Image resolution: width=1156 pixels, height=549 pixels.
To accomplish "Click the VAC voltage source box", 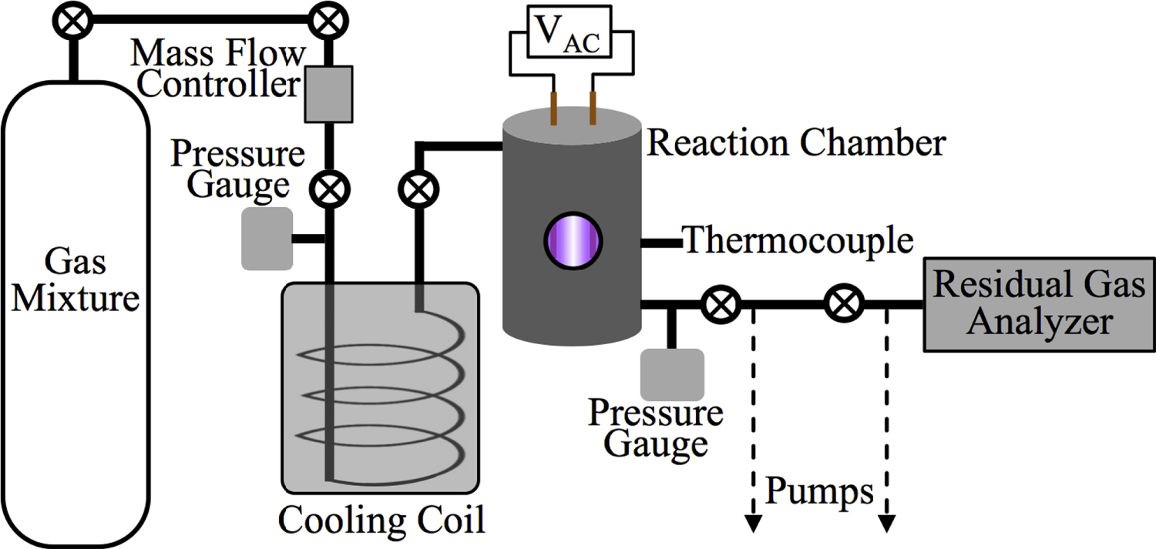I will pyautogui.click(x=570, y=35).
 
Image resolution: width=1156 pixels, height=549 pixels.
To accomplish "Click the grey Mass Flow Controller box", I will pyautogui.click(x=329, y=93).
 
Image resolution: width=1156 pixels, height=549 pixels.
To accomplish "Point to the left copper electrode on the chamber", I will pyautogui.click(x=553, y=108).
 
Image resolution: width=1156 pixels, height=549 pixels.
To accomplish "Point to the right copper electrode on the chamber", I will pyautogui.click(x=593, y=107).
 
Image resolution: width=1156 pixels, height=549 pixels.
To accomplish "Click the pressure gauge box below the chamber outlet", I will pyautogui.click(x=671, y=374).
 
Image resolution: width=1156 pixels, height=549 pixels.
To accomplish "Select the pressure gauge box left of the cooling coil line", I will pyautogui.click(x=267, y=239).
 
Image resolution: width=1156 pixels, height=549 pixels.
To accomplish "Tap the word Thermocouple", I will pyautogui.click(x=798, y=241).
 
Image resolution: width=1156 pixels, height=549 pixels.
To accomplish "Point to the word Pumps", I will pyautogui.click(x=820, y=491).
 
